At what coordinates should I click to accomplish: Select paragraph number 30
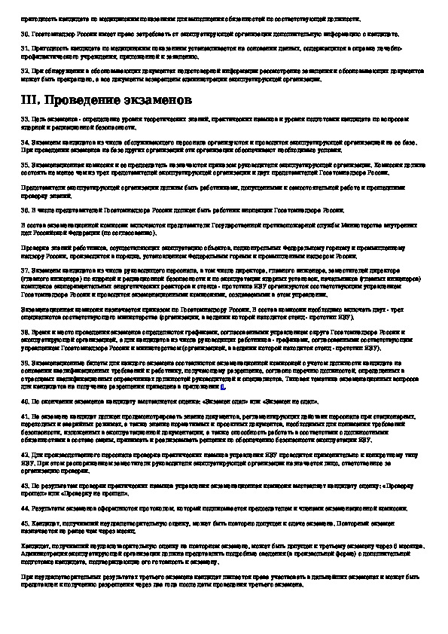coord(24,35)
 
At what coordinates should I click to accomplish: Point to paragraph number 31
coord(24,49)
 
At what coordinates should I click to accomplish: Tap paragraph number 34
coord(24,140)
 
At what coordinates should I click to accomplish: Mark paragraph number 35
coord(24,163)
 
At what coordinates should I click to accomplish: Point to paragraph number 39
coord(24,363)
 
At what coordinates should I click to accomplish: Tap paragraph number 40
coord(24,403)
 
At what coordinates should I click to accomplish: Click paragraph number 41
coord(24,416)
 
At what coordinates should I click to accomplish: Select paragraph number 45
coord(24,522)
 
